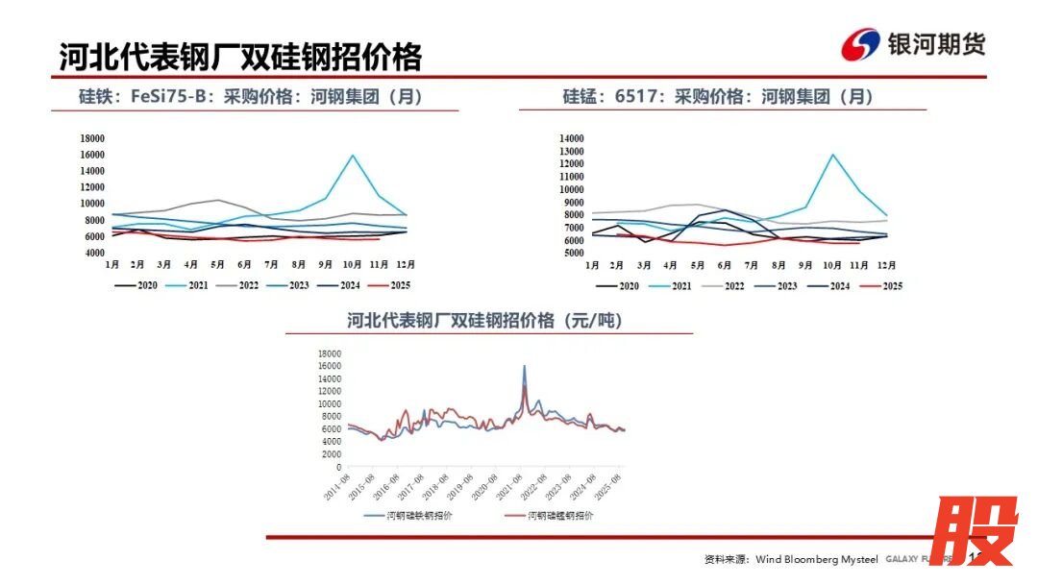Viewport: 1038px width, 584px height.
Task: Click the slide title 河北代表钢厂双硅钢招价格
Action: [x=240, y=57]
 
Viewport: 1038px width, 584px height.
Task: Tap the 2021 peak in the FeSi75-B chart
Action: [x=353, y=156]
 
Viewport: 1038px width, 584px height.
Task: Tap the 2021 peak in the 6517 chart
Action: [x=832, y=155]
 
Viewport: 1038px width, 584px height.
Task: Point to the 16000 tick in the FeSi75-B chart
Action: [x=92, y=155]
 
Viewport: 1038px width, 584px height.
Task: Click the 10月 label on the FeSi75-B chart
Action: [x=353, y=264]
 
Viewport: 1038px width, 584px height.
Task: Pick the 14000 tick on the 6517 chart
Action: [x=572, y=138]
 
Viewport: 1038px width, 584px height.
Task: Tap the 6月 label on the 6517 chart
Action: [x=727, y=264]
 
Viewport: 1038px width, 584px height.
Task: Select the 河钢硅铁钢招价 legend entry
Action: [x=408, y=516]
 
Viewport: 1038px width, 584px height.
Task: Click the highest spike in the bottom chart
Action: [x=524, y=366]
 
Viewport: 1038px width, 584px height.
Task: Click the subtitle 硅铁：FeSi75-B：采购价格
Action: [x=250, y=97]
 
